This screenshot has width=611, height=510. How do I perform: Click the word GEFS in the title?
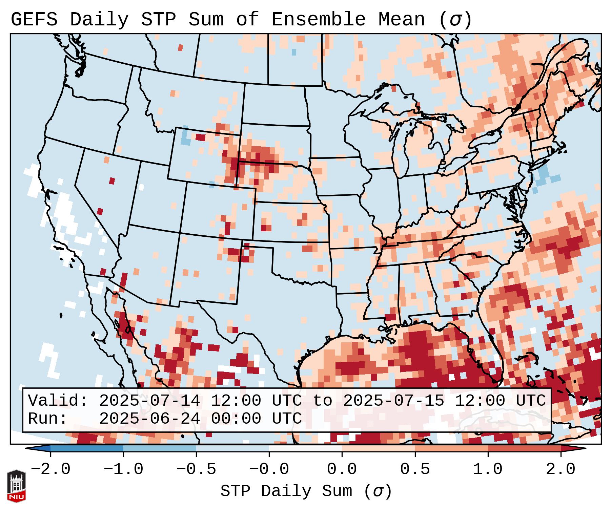(34, 20)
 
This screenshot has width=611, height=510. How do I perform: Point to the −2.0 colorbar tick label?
(50, 469)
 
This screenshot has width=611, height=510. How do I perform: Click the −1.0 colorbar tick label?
(123, 469)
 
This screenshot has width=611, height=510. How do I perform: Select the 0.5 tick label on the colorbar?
(415, 469)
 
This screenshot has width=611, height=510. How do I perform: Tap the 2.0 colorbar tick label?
(561, 469)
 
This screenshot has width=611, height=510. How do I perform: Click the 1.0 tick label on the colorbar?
(488, 469)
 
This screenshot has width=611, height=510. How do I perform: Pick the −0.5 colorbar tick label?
(196, 469)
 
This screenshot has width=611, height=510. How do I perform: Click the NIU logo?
(16, 486)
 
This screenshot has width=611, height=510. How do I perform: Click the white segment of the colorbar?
(305, 448)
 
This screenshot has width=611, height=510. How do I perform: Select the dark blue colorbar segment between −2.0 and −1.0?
(87, 448)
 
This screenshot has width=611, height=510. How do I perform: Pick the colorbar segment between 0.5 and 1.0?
(451, 448)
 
